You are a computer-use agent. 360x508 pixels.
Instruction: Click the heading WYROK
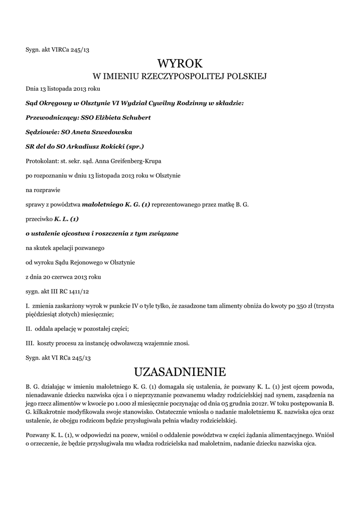point(180,64)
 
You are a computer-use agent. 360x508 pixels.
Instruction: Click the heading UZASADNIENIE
point(180,372)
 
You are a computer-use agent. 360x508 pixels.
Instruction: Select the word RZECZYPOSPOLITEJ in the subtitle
point(184,76)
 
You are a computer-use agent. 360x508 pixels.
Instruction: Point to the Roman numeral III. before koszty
point(29,343)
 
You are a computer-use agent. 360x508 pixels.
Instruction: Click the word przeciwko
point(39,219)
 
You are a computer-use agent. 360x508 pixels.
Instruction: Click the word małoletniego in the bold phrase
point(101,204)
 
